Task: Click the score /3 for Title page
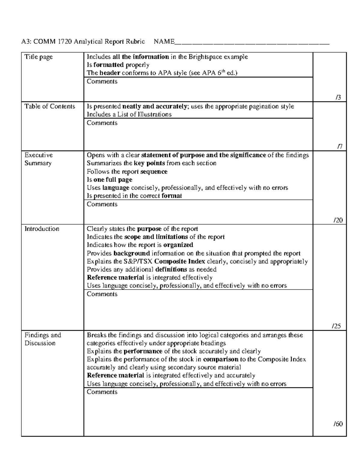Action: click(x=338, y=98)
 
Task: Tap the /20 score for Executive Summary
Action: click(x=338, y=220)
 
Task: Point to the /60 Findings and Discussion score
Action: click(x=338, y=424)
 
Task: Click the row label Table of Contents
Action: click(x=50, y=107)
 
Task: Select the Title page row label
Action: click(x=38, y=57)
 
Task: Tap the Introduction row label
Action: click(x=42, y=229)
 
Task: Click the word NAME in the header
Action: click(x=164, y=41)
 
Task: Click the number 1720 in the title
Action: click(x=65, y=41)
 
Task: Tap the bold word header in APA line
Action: click(x=110, y=73)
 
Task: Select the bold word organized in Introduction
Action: click(x=178, y=245)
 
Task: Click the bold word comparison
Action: click(x=220, y=359)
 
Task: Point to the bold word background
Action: click(x=132, y=253)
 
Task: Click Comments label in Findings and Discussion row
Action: click(x=102, y=392)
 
